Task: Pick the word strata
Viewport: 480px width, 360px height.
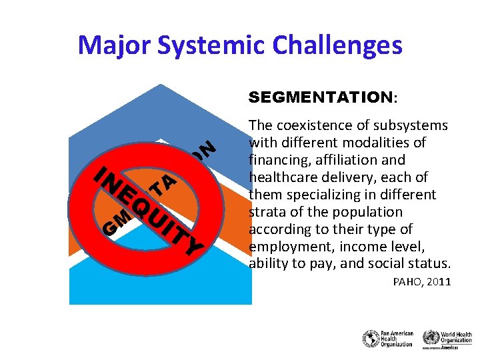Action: tap(267, 212)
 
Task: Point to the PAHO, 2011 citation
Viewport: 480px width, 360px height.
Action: tap(423, 282)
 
